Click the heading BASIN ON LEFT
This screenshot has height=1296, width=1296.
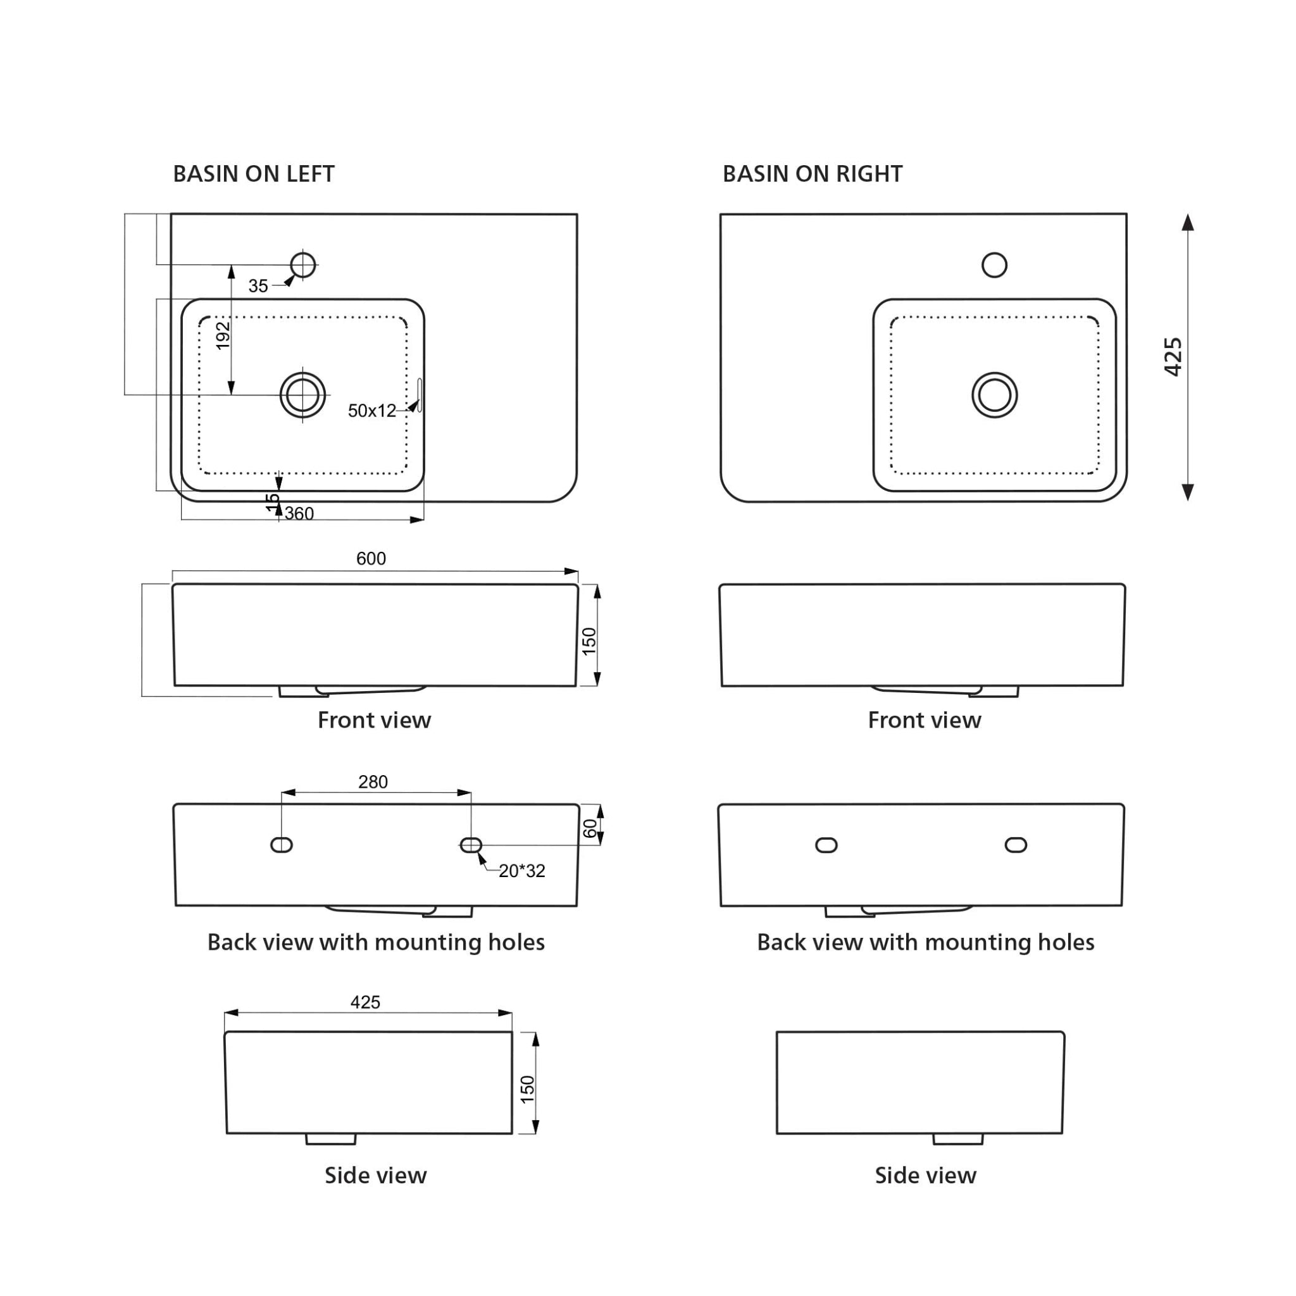254,175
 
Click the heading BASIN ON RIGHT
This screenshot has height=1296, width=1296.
812,175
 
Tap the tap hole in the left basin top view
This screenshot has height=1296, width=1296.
303,265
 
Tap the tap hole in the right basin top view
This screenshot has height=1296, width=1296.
994,265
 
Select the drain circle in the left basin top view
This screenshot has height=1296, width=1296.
302,395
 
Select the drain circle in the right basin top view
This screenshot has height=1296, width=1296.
994,395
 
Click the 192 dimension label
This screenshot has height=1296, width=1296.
223,335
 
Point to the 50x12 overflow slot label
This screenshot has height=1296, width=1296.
371,411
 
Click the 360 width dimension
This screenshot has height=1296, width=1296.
299,514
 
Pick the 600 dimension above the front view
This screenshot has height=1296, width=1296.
371,559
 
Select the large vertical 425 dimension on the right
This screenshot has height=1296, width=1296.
1173,357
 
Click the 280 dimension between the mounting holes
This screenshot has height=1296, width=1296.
373,782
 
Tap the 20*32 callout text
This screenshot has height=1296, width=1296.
522,871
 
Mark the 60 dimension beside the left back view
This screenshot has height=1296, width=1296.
590,828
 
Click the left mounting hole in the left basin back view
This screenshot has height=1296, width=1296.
282,845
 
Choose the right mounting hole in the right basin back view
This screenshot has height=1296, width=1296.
1016,845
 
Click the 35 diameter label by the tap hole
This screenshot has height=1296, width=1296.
258,287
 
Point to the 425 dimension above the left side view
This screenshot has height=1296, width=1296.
365,1002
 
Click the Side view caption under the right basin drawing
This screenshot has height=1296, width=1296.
925,1175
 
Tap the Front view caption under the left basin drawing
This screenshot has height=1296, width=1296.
373,720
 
